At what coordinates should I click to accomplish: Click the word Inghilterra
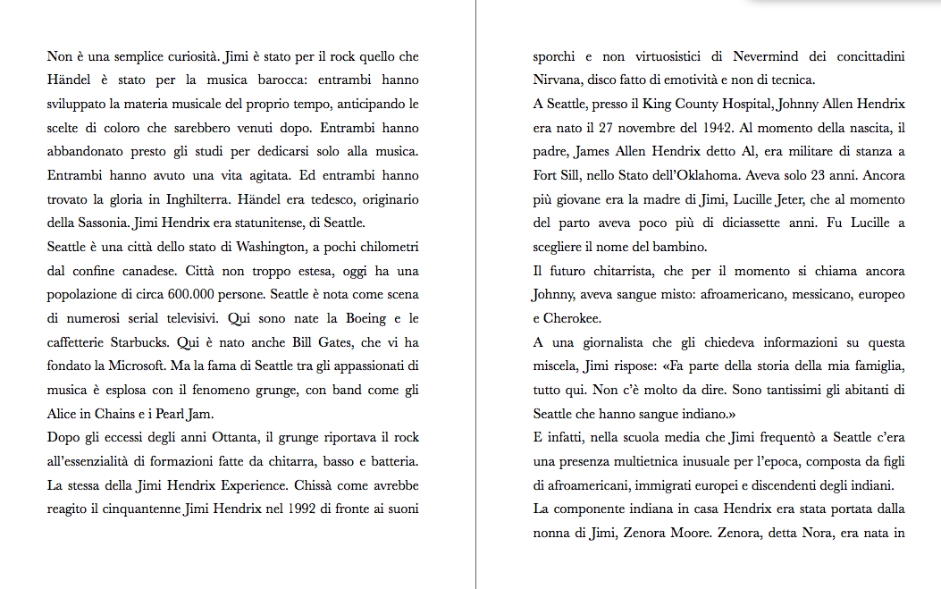tap(200, 199)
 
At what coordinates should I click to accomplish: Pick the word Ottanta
tap(235, 438)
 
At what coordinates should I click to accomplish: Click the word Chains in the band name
tap(110, 414)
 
